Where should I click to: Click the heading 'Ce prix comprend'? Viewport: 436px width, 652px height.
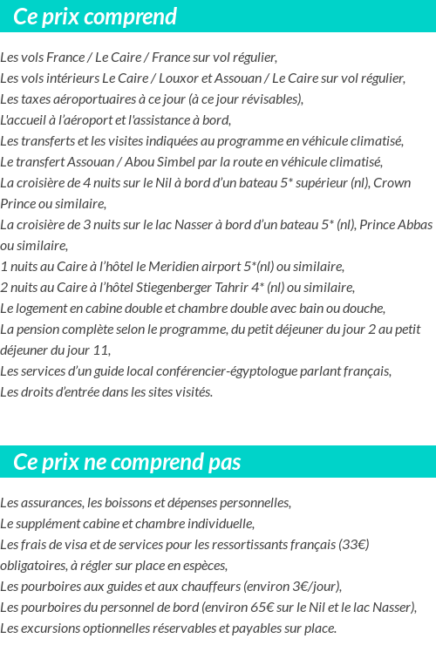pos(95,17)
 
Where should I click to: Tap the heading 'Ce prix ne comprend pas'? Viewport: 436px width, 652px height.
pos(127,462)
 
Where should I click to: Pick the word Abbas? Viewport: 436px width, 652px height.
pos(414,225)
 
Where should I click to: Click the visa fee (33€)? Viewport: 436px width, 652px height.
pos(353,545)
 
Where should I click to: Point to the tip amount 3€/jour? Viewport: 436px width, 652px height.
pos(316,587)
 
